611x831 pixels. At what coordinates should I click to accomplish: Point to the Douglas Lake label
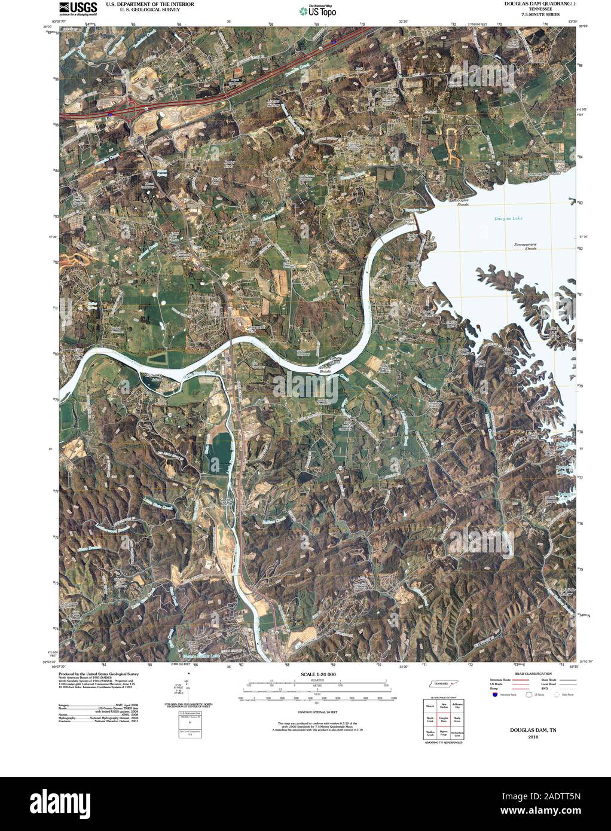point(508,219)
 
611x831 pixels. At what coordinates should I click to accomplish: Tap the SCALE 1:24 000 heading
point(316,674)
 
